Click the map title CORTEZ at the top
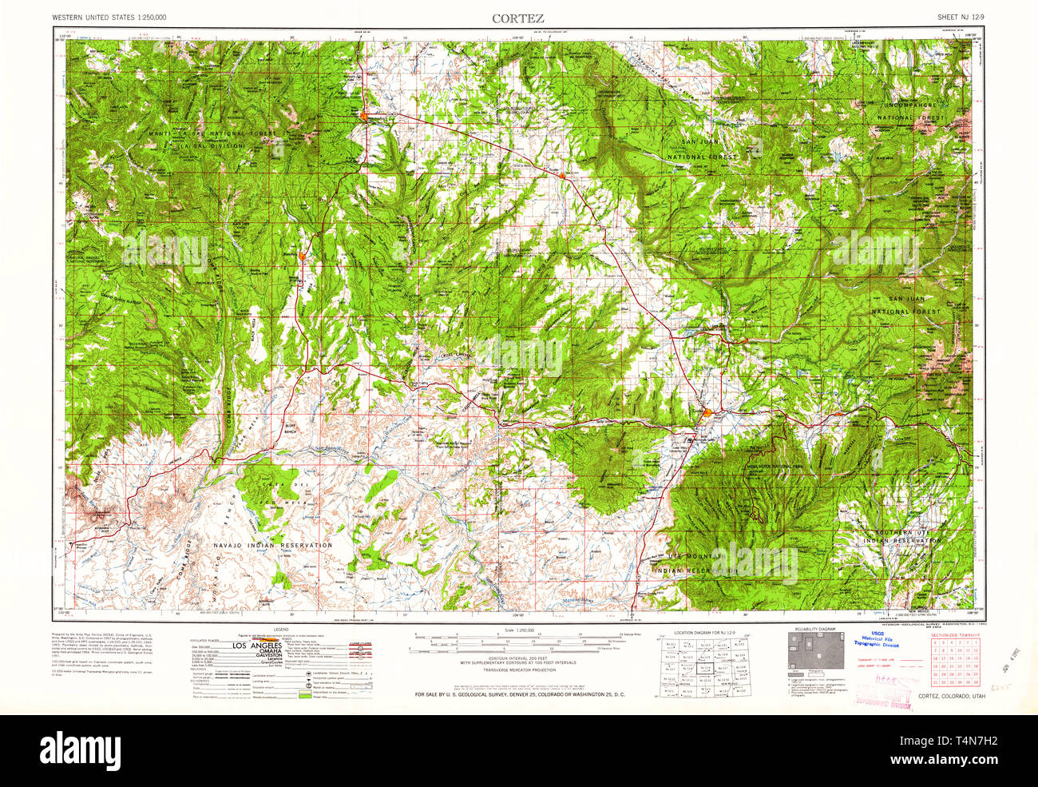point(518,17)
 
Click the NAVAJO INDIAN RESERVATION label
point(273,545)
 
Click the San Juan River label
point(332,448)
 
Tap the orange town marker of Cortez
point(708,412)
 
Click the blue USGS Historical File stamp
point(880,642)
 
